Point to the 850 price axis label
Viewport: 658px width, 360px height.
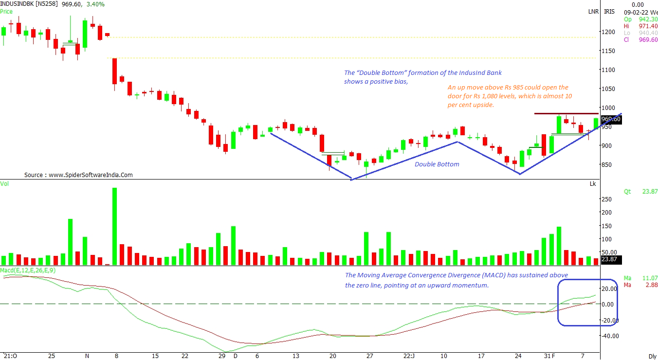608,164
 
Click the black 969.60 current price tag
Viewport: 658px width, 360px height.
611,119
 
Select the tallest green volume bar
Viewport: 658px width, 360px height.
115,226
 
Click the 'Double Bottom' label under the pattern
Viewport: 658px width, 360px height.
437,164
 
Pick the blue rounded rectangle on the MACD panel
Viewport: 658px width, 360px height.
587,302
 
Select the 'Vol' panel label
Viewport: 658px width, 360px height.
4,183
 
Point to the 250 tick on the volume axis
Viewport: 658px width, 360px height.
607,199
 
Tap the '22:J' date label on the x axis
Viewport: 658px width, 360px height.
409,356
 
